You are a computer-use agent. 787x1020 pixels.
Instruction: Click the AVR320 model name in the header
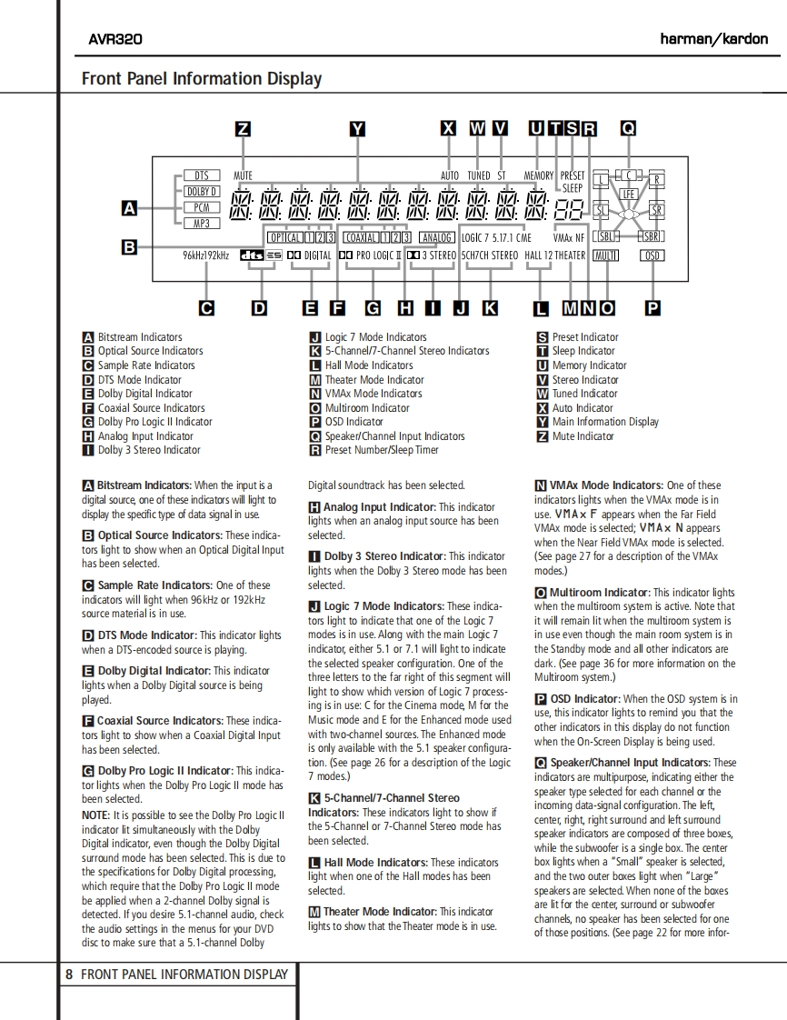coord(115,39)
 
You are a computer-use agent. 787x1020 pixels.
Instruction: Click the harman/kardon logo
coord(713,39)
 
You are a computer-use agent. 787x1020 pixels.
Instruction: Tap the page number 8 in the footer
coord(69,975)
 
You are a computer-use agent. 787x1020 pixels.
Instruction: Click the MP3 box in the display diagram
coord(202,223)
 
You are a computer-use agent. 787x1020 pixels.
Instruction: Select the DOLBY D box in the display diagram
coord(202,192)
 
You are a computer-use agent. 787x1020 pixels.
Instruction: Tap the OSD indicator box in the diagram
coord(653,256)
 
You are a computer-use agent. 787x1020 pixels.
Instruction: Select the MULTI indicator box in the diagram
coord(604,256)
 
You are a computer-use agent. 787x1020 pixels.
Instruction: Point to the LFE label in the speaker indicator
coord(628,194)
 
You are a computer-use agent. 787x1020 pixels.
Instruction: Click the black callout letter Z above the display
coord(243,129)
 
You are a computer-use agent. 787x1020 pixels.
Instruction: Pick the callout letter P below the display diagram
coord(653,308)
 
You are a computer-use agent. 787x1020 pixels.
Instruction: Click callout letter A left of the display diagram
coord(130,209)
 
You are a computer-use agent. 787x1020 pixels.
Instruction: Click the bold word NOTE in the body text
coord(95,815)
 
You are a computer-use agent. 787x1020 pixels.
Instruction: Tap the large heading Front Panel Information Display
coord(202,79)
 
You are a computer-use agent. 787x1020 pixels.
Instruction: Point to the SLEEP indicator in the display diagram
coord(573,188)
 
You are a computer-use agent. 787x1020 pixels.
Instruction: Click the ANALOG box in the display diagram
coord(437,237)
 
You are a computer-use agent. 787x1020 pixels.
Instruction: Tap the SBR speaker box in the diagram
coord(651,236)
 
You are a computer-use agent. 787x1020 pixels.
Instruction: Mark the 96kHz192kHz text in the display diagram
coord(205,256)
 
